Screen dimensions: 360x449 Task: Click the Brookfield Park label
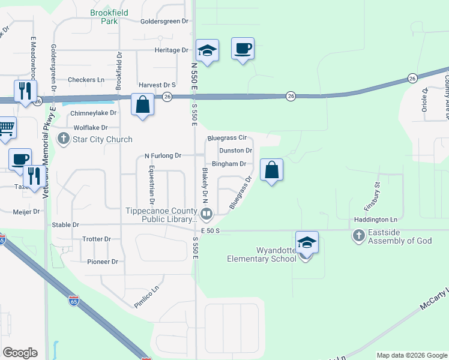105,16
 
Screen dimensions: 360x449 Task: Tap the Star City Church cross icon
64,139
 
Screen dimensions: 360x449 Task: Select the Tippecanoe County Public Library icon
206,214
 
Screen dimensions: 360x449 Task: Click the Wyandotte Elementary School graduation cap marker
307,243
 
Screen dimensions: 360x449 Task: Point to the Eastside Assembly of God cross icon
358,235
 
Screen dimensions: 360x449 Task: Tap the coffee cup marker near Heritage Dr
243,49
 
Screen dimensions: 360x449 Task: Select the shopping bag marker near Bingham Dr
272,170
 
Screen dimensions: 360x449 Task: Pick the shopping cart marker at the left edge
5,128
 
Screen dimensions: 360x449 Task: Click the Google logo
20,353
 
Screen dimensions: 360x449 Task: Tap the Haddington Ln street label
375,220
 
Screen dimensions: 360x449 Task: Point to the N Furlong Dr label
163,156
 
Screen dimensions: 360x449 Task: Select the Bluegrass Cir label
227,138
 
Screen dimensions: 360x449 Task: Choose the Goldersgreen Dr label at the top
164,21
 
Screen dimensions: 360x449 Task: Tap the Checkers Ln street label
86,80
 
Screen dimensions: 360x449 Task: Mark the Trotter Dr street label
97,239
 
